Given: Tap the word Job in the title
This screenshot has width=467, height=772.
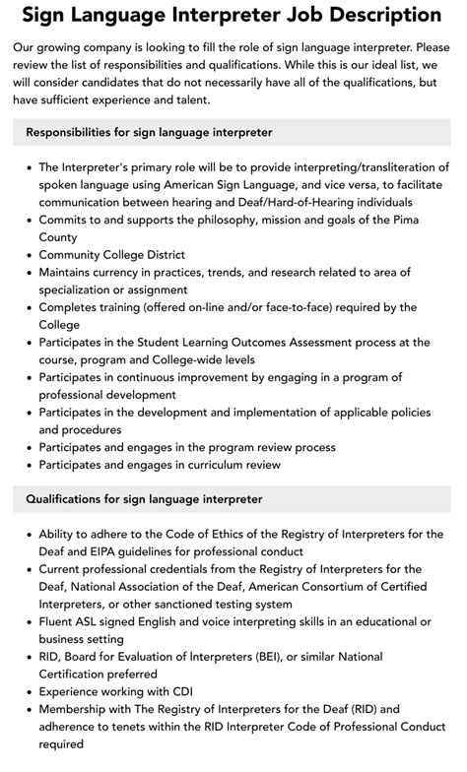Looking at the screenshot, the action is pyautogui.click(x=295, y=15).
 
